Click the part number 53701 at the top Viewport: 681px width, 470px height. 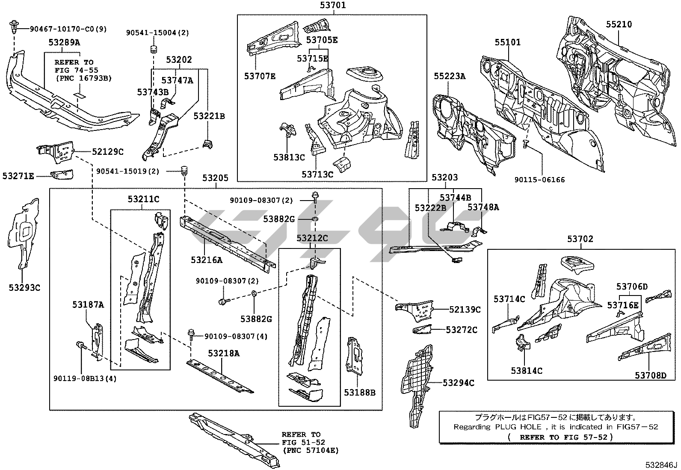click(x=332, y=6)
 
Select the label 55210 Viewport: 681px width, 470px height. click(x=619, y=24)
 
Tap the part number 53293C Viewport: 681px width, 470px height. click(x=24, y=288)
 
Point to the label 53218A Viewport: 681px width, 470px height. click(x=224, y=353)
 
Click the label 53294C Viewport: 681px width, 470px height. click(x=458, y=383)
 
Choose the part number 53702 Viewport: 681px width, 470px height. click(x=580, y=239)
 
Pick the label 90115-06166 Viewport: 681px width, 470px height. click(x=539, y=180)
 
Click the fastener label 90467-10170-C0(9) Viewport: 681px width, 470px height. click(x=68, y=29)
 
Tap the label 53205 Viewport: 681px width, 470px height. click(x=216, y=178)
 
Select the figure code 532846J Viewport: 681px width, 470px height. click(x=662, y=465)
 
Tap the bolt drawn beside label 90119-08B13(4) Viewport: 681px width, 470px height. click(x=80, y=346)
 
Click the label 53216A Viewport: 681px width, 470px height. click(x=207, y=260)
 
